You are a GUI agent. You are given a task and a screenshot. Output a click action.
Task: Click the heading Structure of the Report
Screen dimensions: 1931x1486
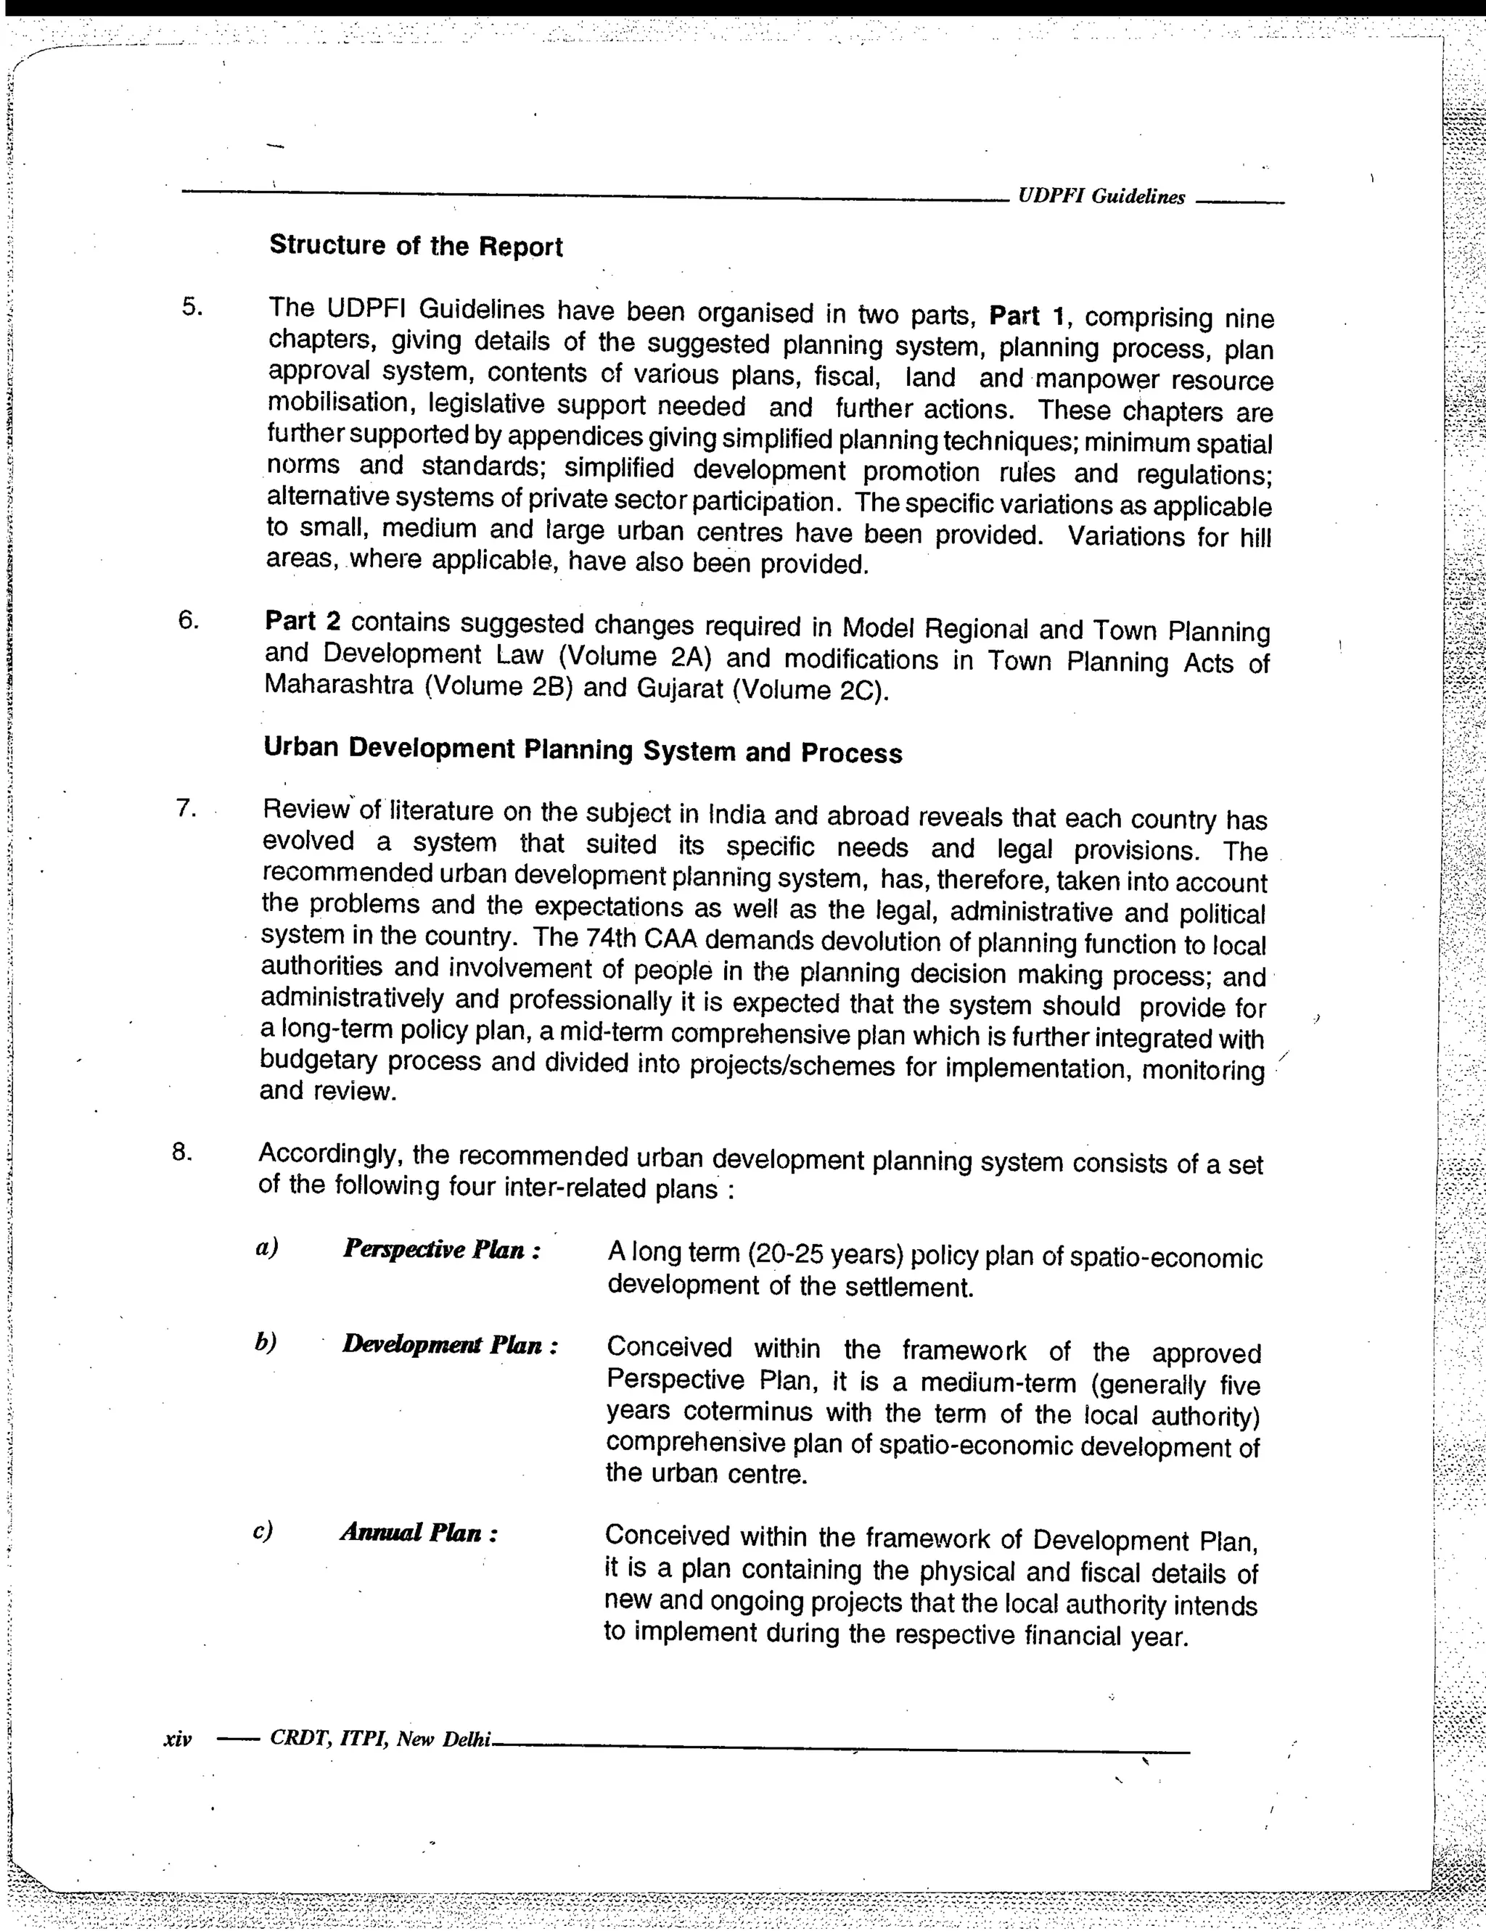pos(416,246)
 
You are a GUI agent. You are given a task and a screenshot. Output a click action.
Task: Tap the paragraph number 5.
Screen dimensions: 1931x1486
pos(193,308)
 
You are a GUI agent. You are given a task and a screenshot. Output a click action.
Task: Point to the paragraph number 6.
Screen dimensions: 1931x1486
pos(189,619)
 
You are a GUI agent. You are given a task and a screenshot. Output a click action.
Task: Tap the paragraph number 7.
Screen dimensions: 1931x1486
pos(185,809)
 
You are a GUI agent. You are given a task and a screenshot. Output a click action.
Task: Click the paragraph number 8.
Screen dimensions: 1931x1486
pos(181,1152)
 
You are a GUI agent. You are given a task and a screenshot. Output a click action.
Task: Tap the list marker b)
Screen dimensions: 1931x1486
pos(266,1343)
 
